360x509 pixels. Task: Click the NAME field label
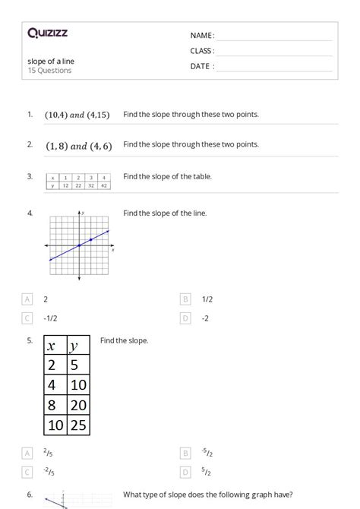(202, 36)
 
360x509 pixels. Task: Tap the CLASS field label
(202, 51)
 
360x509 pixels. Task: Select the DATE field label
(202, 66)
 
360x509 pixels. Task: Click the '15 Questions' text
(49, 71)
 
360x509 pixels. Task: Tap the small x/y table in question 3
(79, 181)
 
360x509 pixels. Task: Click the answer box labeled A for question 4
(28, 299)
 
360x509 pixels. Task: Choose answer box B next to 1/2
(185, 299)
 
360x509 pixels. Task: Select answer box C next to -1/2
(28, 318)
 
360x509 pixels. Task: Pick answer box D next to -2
(185, 318)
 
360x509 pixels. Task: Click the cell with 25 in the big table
(78, 425)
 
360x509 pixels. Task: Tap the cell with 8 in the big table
(55, 405)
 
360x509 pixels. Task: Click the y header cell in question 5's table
(78, 346)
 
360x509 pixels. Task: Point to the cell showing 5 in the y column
(78, 365)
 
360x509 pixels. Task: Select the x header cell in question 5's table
(55, 346)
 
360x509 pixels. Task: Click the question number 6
(30, 494)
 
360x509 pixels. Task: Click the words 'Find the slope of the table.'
(167, 176)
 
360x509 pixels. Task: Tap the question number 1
(30, 114)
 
